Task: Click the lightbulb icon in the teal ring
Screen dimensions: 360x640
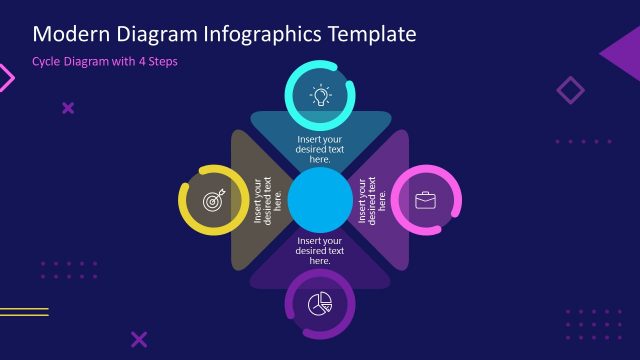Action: (321, 95)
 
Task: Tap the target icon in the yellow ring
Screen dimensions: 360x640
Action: (213, 200)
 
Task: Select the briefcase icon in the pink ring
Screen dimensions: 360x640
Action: (426, 200)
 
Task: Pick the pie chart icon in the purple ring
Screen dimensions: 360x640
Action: (320, 303)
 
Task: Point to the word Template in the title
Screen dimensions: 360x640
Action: (367, 35)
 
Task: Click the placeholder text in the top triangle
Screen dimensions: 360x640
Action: (320, 149)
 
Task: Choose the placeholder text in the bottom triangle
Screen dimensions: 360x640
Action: (320, 250)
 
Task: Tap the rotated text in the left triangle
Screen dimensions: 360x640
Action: (267, 200)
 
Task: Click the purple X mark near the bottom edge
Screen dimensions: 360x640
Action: (139, 339)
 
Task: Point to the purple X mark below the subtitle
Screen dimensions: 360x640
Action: (68, 108)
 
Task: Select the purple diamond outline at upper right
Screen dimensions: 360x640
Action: (570, 91)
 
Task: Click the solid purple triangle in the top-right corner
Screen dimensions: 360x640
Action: (624, 53)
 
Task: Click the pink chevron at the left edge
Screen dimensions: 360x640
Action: (6, 78)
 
